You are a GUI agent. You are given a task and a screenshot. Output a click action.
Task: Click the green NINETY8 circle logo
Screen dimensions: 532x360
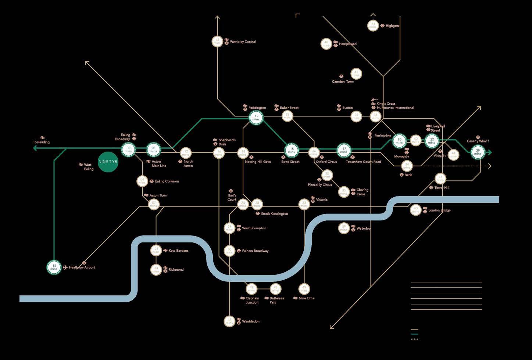pyautogui.click(x=108, y=162)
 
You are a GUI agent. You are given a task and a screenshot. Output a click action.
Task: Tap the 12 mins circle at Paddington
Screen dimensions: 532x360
pyautogui.click(x=256, y=118)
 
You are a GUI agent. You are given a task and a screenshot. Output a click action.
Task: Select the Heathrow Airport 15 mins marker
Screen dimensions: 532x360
pyautogui.click(x=54, y=267)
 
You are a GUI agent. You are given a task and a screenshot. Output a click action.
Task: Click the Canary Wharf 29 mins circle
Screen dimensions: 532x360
pyautogui.click(x=478, y=152)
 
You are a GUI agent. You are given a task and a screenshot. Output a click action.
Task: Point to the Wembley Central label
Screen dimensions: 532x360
pyautogui.click(x=243, y=42)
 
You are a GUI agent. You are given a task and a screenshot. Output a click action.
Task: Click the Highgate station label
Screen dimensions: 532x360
pyautogui.click(x=392, y=26)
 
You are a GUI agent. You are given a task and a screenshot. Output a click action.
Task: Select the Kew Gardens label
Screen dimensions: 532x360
pyautogui.click(x=178, y=251)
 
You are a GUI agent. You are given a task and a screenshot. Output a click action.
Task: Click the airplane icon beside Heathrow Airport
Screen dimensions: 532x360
pyautogui.click(x=65, y=267)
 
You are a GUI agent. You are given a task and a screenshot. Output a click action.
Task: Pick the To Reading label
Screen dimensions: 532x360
pyautogui.click(x=41, y=142)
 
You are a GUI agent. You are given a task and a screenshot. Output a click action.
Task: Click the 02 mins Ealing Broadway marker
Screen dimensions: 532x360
pyautogui.click(x=128, y=150)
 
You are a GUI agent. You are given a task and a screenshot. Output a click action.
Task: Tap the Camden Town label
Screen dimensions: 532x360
pyautogui.click(x=343, y=82)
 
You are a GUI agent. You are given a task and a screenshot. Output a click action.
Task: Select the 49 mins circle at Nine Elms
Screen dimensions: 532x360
pyautogui.click(x=304, y=289)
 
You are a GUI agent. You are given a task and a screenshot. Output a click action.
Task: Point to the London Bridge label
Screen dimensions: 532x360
pyautogui.click(x=439, y=210)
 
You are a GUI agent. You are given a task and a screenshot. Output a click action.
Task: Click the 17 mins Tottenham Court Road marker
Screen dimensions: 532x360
pyautogui.click(x=344, y=150)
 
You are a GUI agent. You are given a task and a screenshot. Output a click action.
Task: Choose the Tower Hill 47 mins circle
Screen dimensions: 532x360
pyautogui.click(x=440, y=179)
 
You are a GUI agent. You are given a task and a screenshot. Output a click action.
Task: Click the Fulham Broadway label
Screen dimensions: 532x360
pyautogui.click(x=255, y=251)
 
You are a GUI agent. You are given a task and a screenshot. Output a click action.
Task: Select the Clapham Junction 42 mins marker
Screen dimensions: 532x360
pyautogui.click(x=251, y=289)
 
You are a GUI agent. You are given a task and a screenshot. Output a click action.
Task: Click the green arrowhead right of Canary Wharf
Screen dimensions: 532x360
pyautogui.click(x=489, y=152)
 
